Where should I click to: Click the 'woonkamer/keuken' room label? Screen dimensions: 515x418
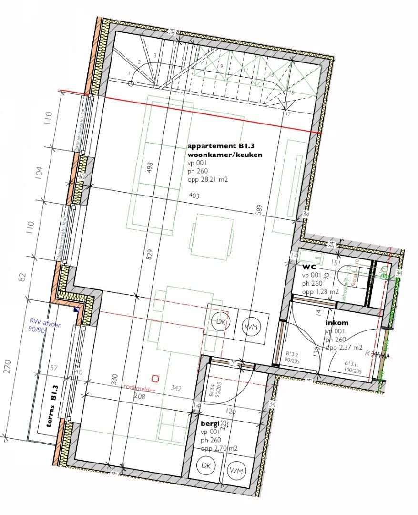pos(225,155)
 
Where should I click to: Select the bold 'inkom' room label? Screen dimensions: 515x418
pos(337,323)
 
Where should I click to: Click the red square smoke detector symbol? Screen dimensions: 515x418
pos(154,379)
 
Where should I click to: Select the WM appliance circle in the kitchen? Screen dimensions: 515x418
pos(249,327)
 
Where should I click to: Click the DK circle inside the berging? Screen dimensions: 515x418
pos(205,465)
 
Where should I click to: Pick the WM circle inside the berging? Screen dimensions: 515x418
pos(234,470)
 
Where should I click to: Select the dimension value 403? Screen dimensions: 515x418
pos(194,196)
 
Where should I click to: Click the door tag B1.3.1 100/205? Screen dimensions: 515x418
pos(353,366)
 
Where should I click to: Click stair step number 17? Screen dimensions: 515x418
pos(287,114)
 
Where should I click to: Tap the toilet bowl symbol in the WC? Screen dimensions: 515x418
pos(343,277)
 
